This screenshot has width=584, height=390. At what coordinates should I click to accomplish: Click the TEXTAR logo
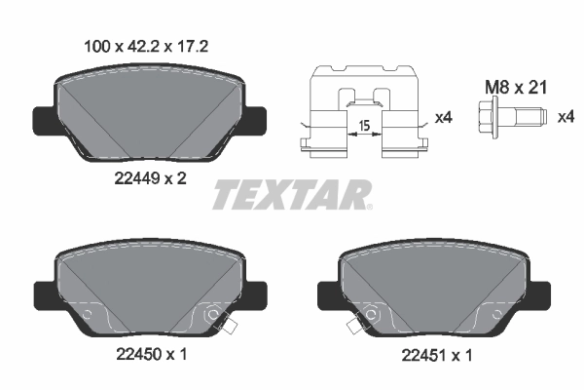pyautogui.click(x=291, y=194)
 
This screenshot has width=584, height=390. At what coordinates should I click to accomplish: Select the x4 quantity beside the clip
pyautogui.click(x=443, y=118)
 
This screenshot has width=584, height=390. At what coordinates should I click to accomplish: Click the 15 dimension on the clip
pyautogui.click(x=362, y=126)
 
